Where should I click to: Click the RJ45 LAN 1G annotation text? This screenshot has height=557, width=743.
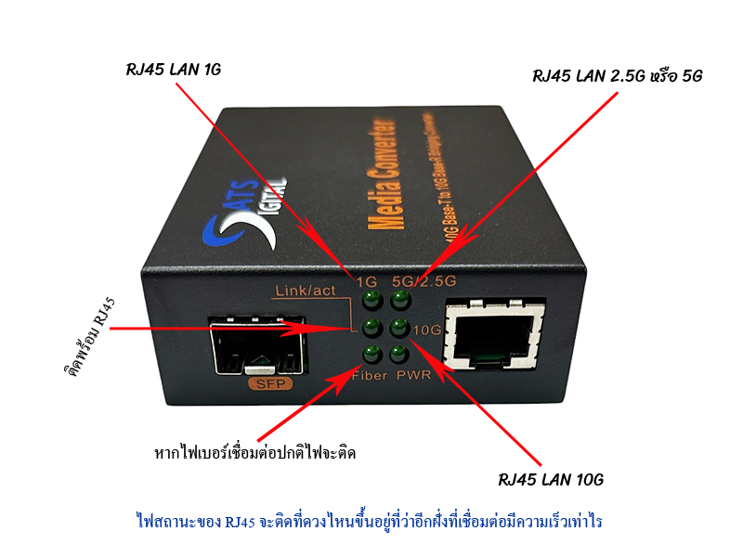tap(174, 71)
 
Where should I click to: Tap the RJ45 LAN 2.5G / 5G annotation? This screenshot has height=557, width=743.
tap(617, 76)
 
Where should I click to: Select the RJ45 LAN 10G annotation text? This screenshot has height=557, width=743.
tap(552, 480)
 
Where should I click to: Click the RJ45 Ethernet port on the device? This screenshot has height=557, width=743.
tap(492, 336)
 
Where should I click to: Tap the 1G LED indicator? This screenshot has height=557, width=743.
tap(371, 300)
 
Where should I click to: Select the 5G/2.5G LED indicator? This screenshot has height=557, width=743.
tap(399, 300)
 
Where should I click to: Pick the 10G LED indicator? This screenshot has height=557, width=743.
tap(399, 327)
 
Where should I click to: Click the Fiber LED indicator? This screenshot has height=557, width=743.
tap(371, 353)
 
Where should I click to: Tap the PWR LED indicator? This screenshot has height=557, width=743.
tap(399, 354)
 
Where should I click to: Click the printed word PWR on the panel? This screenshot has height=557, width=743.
tap(413, 375)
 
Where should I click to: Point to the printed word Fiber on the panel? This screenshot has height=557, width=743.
tap(371, 375)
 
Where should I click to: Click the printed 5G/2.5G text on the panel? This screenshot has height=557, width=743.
tap(424, 279)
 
